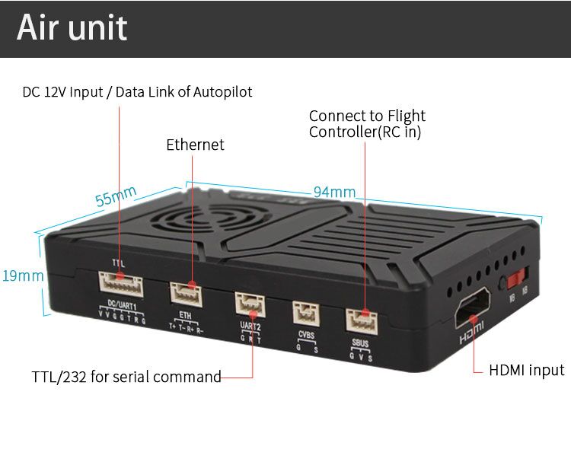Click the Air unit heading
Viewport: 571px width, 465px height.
[x=72, y=28]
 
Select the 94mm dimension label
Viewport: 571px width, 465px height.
[x=334, y=192]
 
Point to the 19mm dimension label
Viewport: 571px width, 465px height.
[x=22, y=275]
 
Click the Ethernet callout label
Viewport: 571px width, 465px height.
[x=195, y=145]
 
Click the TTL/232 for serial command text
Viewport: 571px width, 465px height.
[x=126, y=377]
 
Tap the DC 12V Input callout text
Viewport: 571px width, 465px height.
[x=137, y=92]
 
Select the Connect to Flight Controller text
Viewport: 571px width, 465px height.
[x=367, y=124]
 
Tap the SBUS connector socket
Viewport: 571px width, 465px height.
[x=362, y=319]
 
